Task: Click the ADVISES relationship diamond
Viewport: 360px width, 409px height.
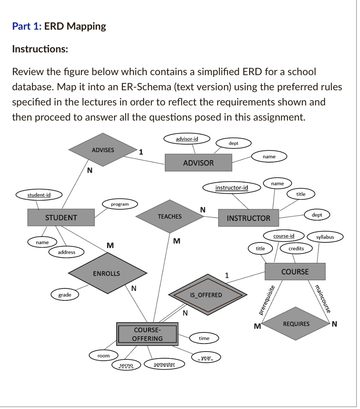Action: tap(103, 150)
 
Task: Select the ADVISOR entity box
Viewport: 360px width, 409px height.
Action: tap(198, 163)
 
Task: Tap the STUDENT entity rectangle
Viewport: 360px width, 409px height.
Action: tap(61, 218)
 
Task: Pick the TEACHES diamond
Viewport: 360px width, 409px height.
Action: tap(169, 216)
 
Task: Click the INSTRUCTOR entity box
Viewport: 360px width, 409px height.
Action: tap(248, 218)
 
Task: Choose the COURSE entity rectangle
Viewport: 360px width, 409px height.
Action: tap(295, 272)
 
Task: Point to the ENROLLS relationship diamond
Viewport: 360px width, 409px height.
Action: tap(106, 274)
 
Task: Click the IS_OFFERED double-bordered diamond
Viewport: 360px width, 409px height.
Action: tap(206, 295)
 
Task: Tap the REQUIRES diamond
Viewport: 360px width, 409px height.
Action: tap(296, 324)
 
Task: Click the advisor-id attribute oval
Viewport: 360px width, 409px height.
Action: tap(187, 139)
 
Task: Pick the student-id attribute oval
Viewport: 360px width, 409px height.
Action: tap(39, 195)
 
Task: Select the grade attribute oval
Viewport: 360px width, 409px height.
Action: tap(65, 295)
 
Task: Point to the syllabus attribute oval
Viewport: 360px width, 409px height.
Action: tap(325, 237)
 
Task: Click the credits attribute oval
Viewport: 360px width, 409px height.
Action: tap(296, 248)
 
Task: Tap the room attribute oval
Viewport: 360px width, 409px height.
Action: tap(103, 355)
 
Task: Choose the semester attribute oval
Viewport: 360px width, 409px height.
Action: tap(164, 364)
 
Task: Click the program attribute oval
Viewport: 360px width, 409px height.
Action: tap(120, 204)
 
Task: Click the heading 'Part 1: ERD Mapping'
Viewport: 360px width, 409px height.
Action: tap(59, 26)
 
